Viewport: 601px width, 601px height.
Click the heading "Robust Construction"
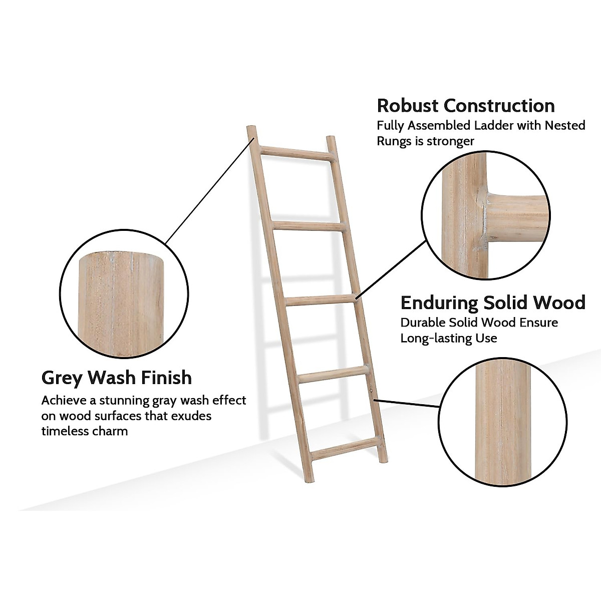466,106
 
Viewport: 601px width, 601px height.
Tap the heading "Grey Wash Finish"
116,377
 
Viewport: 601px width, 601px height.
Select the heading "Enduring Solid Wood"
493,303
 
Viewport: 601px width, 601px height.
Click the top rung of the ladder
295,153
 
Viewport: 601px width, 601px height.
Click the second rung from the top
308,226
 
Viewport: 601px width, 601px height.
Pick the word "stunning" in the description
123,401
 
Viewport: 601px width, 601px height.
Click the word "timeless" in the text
63,431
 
